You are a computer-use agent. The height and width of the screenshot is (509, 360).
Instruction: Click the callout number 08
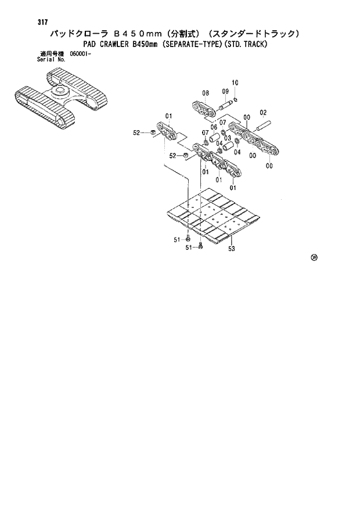206,93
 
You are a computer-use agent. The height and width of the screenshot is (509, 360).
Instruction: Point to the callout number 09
225,91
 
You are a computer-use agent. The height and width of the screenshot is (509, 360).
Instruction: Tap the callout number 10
235,83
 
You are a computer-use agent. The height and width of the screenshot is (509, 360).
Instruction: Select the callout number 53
231,248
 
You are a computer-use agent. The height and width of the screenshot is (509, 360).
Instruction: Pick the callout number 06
214,127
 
